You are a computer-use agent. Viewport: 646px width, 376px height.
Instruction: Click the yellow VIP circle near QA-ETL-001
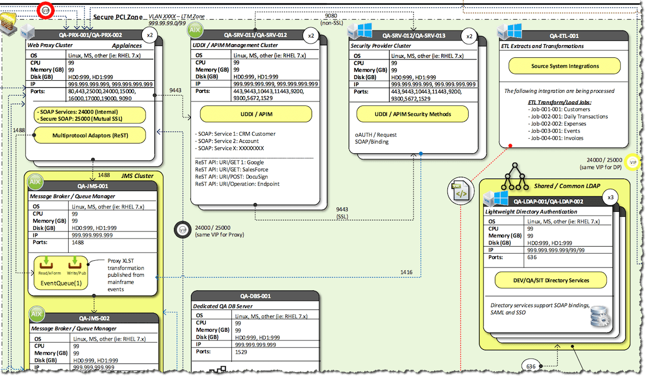pos(632,162)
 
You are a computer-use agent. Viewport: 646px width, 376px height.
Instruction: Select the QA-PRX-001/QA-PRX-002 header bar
pos(91,35)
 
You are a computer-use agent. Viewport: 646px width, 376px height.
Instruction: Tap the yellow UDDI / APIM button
pos(255,114)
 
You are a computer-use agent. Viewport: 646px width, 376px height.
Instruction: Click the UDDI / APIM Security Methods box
pos(412,114)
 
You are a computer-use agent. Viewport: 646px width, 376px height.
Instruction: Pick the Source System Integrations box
pos(565,66)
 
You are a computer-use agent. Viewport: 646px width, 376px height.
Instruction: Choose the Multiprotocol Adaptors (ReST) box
pos(90,135)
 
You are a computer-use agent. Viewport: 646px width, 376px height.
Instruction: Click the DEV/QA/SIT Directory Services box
pos(551,280)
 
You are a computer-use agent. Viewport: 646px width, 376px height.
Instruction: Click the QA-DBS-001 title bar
pos(255,296)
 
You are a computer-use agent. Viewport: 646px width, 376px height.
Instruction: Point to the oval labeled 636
pos(531,366)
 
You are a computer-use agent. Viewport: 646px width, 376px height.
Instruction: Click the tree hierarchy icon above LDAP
pos(515,174)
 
